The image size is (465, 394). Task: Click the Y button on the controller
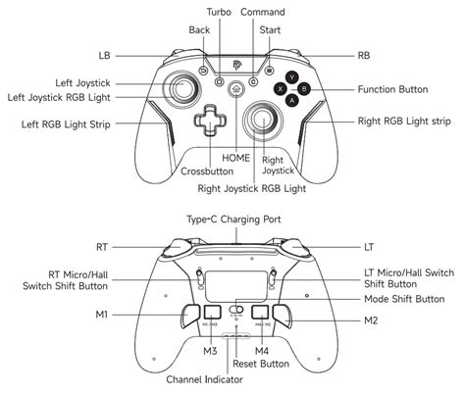click(290, 75)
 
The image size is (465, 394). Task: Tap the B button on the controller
click(303, 88)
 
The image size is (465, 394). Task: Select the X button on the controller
click(279, 88)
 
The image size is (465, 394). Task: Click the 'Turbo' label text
click(220, 12)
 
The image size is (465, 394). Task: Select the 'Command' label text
click(264, 12)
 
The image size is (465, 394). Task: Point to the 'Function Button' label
click(392, 88)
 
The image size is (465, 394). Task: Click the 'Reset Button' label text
click(262, 364)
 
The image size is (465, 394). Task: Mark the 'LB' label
click(104, 55)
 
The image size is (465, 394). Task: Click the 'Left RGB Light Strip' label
click(66, 124)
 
